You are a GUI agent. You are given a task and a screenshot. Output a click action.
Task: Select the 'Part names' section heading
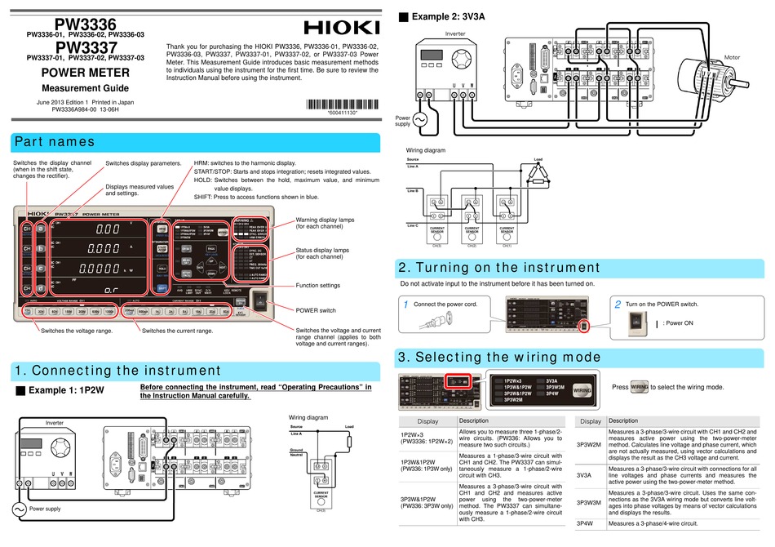[55, 142]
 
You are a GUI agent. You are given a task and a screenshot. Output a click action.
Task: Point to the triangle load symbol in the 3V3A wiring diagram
[537, 173]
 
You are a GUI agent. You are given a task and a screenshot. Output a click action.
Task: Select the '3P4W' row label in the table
[584, 523]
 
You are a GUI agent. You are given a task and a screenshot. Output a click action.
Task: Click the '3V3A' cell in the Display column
[584, 474]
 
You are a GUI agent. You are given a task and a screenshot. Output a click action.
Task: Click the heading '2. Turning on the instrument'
[498, 268]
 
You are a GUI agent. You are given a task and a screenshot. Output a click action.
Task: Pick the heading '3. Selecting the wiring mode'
[498, 357]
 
